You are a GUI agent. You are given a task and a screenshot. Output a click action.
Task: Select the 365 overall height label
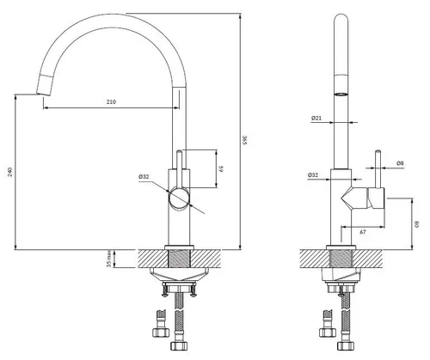point(245,140)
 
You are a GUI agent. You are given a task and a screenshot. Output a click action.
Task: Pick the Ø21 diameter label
point(316,119)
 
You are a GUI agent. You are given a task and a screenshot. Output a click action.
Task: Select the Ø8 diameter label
point(402,163)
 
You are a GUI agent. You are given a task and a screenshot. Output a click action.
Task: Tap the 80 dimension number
point(415,224)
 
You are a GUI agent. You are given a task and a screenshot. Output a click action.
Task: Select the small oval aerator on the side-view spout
point(341,93)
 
